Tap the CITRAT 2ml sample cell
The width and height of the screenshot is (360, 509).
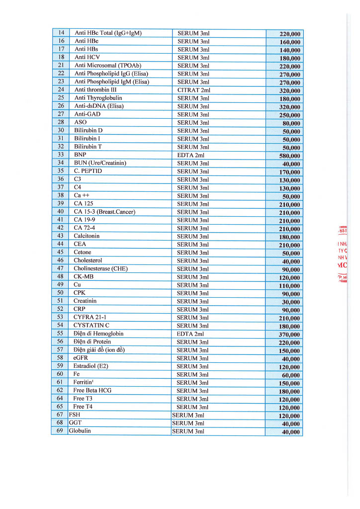pos(194,90)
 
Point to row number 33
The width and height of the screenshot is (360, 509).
pos(61,155)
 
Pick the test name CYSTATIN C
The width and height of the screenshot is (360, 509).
pos(91,326)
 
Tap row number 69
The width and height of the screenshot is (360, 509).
pos(60,431)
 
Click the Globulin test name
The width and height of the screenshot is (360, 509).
pos(80,431)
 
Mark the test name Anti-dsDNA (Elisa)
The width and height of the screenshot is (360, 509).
pos(99,106)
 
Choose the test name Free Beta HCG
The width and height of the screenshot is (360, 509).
pos(92,391)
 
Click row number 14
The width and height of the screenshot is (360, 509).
pos(61,33)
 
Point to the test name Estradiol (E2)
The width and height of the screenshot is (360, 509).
pos(90,366)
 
